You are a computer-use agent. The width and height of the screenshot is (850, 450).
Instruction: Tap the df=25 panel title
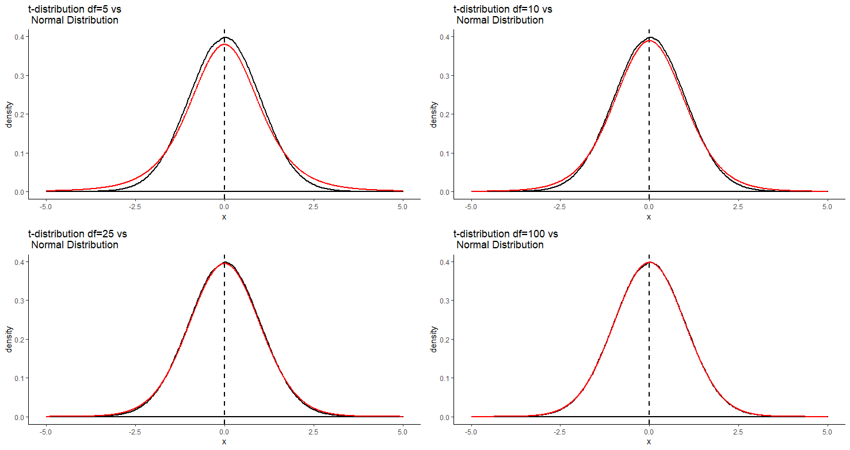pyautogui.click(x=78, y=239)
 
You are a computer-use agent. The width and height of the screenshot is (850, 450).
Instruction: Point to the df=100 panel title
pyautogui.click(x=505, y=239)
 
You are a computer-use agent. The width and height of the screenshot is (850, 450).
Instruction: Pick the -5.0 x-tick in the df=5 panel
pyautogui.click(x=45, y=206)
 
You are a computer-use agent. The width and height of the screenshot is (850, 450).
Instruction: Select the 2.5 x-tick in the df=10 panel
pyautogui.click(x=738, y=206)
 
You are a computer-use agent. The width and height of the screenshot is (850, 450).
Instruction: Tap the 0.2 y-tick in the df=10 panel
pyautogui.click(x=444, y=114)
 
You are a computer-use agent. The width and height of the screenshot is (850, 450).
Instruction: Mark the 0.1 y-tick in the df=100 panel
pyautogui.click(x=444, y=378)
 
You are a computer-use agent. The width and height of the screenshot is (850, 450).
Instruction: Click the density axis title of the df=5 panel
pyautogui.click(x=9, y=114)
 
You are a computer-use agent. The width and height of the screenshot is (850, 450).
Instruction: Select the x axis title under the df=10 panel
pyautogui.click(x=649, y=217)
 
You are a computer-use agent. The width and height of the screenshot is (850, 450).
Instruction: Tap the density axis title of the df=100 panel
pyautogui.click(x=434, y=339)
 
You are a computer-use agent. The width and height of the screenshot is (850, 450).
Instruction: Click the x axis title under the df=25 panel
pyautogui.click(x=224, y=441)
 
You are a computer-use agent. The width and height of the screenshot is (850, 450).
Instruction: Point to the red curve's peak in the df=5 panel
pyautogui.click(x=224, y=44)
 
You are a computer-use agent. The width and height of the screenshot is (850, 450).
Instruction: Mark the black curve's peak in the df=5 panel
pyautogui.click(x=224, y=37)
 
